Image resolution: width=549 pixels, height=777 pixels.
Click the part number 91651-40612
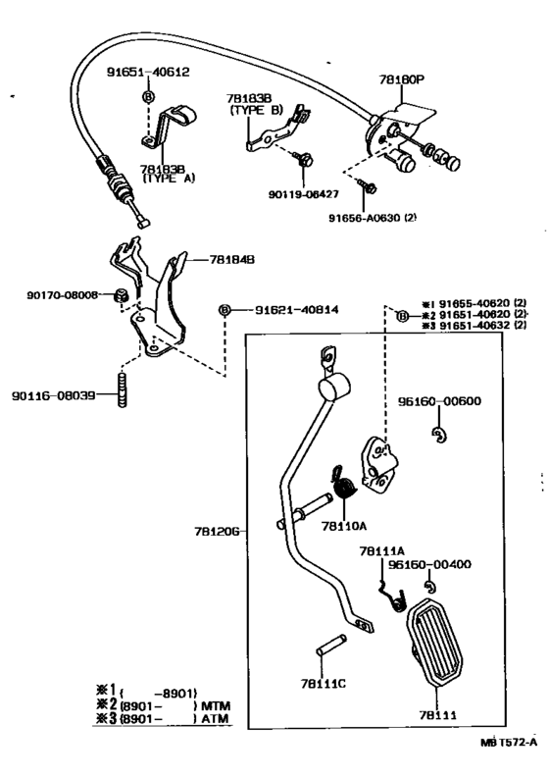point(148,72)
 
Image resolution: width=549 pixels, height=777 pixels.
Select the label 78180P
point(403,79)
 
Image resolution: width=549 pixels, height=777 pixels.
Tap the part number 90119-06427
point(304,193)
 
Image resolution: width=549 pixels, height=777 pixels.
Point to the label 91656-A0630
point(366,218)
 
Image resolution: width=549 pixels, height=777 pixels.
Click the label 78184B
point(231,259)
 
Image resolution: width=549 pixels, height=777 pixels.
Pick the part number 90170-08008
point(63,295)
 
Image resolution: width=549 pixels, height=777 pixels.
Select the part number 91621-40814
point(296,310)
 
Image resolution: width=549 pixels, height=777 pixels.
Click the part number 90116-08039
point(54,395)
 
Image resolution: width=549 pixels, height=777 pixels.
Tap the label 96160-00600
point(439,401)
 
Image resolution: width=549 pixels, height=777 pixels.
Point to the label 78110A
point(343,526)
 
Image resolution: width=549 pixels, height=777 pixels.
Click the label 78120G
point(217,532)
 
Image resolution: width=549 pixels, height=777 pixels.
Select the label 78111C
point(324,684)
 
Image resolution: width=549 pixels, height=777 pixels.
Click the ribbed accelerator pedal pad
point(435,643)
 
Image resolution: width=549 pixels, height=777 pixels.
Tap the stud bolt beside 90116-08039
point(123,391)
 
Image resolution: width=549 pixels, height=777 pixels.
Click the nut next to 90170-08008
point(121,296)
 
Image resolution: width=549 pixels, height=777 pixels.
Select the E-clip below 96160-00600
point(438,435)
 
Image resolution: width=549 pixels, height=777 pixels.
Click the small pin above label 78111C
point(330,646)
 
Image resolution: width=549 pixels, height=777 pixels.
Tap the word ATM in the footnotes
point(215,718)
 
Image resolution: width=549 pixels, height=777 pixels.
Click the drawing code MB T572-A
point(509,742)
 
